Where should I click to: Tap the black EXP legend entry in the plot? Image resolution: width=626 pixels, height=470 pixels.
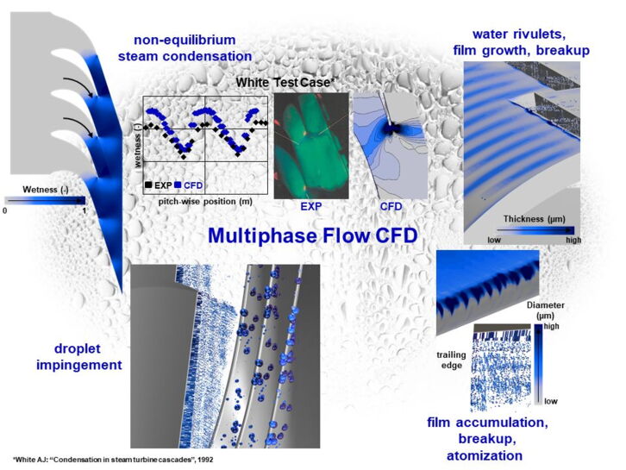158,185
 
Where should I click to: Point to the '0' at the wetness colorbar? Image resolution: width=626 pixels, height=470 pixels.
5,210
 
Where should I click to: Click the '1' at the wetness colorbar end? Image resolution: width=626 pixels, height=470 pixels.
83,210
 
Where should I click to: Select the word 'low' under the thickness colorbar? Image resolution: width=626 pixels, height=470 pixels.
494,241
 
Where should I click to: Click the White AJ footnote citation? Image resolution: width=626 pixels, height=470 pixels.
112,460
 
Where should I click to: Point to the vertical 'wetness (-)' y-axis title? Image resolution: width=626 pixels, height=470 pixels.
138,138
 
